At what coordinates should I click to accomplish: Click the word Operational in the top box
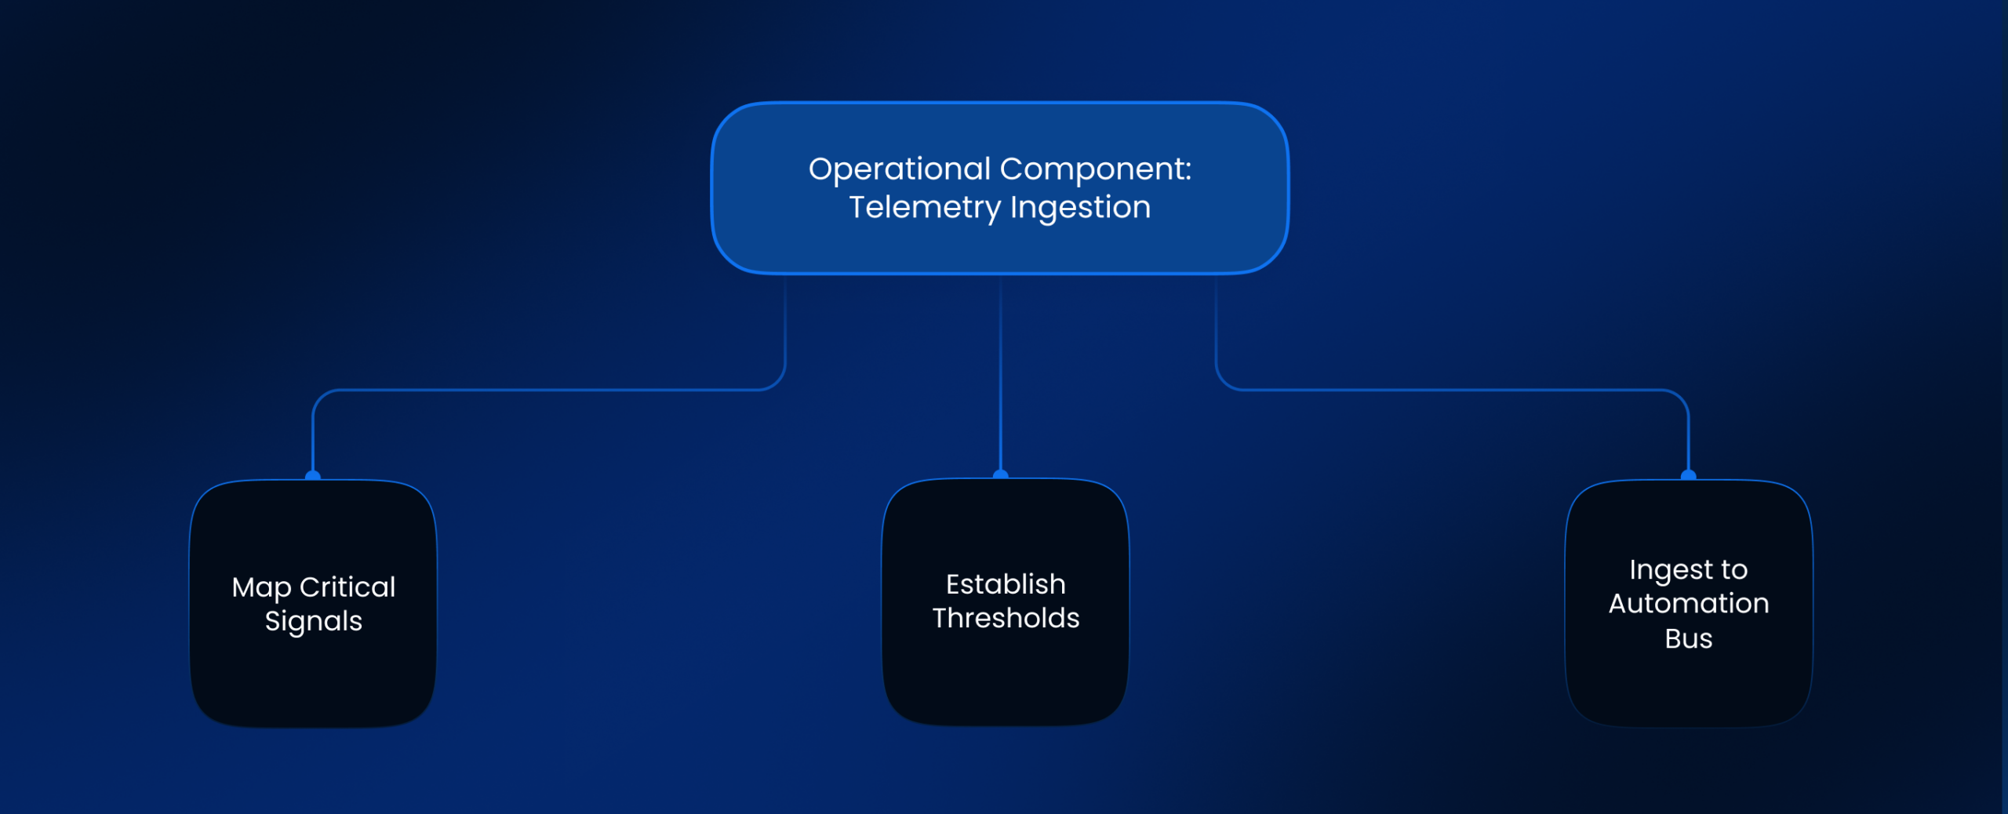click(x=900, y=170)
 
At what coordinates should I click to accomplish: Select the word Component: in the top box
click(x=1096, y=170)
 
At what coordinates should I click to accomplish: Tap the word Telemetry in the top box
click(x=925, y=208)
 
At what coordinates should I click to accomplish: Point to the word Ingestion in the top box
click(x=1080, y=208)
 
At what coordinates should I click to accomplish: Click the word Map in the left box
click(x=261, y=588)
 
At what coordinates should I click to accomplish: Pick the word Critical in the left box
click(x=347, y=587)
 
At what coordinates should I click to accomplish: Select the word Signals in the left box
click(x=314, y=622)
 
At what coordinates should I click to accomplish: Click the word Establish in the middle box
click(x=1006, y=584)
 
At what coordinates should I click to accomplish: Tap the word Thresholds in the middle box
click(x=1006, y=618)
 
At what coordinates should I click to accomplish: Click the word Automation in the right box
click(x=1689, y=604)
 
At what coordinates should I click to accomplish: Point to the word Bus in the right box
click(x=1689, y=639)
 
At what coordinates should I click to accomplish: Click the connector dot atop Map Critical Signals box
click(x=313, y=475)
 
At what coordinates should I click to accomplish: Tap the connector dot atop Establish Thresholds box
click(x=1000, y=474)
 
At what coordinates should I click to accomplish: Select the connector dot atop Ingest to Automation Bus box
click(x=1689, y=475)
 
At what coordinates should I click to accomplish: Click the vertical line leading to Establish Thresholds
click(x=1000, y=372)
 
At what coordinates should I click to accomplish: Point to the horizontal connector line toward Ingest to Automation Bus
click(x=1451, y=389)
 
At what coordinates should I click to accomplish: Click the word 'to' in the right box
click(x=1734, y=570)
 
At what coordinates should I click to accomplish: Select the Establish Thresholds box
click(x=1006, y=602)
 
